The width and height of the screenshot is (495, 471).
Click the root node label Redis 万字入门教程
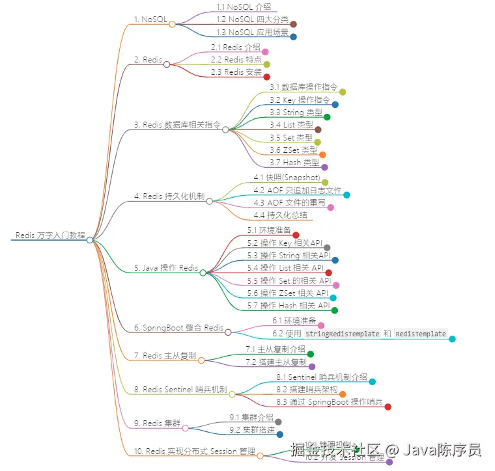(x=50, y=235)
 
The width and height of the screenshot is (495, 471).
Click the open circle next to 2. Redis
(x=167, y=64)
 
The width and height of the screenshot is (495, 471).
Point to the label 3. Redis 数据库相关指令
(x=177, y=124)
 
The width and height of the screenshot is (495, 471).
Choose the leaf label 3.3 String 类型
(x=296, y=113)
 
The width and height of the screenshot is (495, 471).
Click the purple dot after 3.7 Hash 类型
(x=324, y=167)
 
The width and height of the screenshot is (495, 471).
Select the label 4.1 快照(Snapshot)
(x=287, y=178)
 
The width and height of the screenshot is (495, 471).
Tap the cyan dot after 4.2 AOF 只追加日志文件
(x=346, y=195)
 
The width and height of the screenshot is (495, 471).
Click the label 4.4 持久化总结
(x=280, y=215)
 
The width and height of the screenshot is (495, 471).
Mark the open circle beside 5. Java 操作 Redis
(x=203, y=273)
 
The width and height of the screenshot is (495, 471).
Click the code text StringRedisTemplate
(x=342, y=334)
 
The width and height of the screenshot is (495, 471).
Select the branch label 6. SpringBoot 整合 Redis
(x=178, y=328)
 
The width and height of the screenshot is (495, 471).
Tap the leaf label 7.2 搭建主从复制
(x=276, y=362)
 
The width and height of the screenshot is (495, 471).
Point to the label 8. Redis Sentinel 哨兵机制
(x=180, y=390)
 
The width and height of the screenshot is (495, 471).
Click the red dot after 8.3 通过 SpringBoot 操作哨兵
(x=388, y=407)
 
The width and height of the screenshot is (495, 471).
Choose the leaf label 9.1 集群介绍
(x=251, y=417)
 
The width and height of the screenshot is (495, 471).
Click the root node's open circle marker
(x=90, y=240)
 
